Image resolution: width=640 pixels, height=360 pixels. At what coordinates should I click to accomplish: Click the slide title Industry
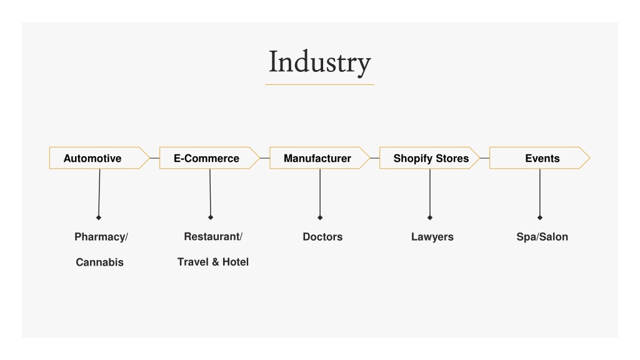tap(319, 62)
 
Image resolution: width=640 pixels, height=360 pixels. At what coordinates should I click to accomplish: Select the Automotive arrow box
tap(99, 158)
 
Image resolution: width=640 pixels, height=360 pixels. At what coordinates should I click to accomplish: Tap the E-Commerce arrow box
tap(209, 158)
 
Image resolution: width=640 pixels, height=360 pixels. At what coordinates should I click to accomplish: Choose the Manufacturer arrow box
tap(319, 158)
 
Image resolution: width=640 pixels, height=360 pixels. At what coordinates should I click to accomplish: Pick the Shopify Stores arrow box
tap(429, 158)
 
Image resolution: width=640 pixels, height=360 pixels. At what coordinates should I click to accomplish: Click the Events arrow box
tap(539, 158)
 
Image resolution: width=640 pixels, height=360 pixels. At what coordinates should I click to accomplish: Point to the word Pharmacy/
tap(101, 237)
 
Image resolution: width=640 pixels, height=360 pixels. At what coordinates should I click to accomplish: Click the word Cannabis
tap(99, 262)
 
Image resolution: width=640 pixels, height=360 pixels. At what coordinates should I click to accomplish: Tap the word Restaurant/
tap(213, 237)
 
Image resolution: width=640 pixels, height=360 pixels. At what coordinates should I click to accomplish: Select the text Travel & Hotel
tap(213, 262)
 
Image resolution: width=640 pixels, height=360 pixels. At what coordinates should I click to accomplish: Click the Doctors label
tap(322, 237)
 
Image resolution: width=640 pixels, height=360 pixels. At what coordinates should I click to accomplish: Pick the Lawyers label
tap(432, 237)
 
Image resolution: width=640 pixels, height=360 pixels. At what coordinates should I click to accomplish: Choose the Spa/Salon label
tap(542, 237)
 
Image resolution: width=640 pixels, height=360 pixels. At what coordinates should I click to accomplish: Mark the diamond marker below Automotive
tap(98, 217)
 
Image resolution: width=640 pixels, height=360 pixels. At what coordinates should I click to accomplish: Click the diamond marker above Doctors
tap(320, 217)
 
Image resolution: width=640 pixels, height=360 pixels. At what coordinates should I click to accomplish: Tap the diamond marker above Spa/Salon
tap(539, 217)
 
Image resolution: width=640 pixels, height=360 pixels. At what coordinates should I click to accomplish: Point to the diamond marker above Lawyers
tap(430, 217)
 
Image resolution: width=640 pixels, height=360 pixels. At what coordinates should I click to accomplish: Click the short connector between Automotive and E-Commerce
tap(155, 158)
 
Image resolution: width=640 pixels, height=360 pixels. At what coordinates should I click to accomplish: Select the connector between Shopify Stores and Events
tap(484, 158)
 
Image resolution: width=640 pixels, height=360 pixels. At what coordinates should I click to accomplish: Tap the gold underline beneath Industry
tap(319, 84)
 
